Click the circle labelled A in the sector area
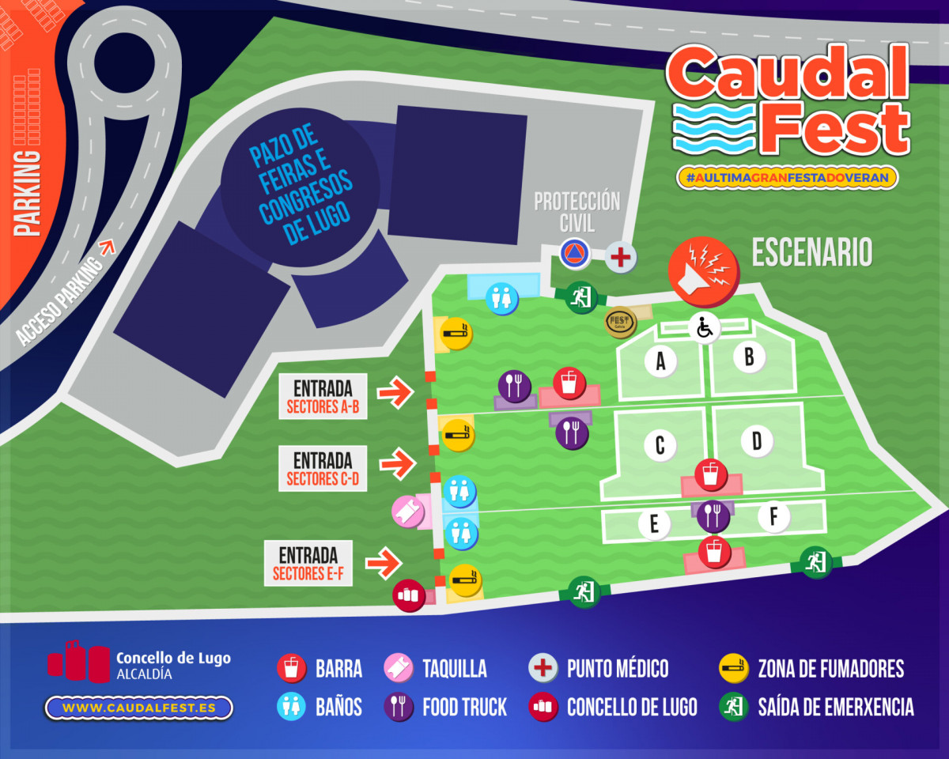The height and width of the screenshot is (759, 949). (660, 362)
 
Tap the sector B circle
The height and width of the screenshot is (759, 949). (748, 357)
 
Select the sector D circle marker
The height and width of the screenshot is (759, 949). (756, 441)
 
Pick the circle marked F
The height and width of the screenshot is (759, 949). (773, 518)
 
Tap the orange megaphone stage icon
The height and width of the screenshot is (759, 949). (703, 272)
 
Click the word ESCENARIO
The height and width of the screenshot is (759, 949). (811, 252)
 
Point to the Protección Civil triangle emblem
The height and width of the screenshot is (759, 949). (575, 254)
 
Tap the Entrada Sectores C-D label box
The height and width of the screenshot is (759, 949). (323, 468)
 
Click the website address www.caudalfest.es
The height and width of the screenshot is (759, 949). (138, 708)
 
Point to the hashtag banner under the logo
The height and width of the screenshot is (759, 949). (787, 178)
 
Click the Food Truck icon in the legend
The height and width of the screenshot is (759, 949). (399, 707)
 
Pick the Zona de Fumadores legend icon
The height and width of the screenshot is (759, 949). (734, 669)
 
